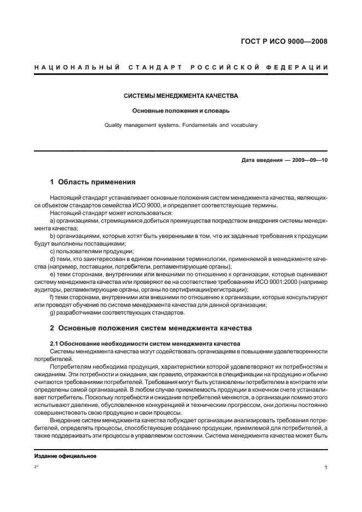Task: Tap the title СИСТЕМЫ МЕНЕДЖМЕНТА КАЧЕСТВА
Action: (181, 95)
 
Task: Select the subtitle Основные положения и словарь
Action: (181, 110)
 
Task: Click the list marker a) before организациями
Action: (53, 220)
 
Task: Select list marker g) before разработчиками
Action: (53, 312)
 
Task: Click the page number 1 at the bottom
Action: (326, 468)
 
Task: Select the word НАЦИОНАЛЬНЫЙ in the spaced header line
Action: (77, 67)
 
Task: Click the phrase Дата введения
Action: (260, 161)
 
